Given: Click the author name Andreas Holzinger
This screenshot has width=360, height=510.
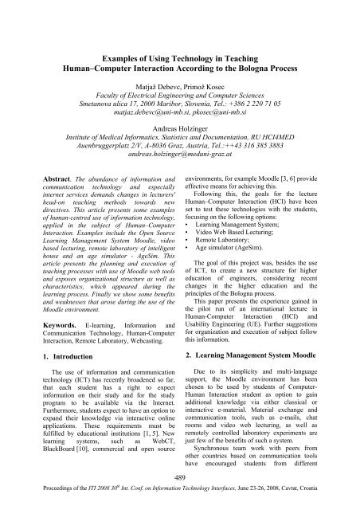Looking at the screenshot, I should (x=179, y=126).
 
